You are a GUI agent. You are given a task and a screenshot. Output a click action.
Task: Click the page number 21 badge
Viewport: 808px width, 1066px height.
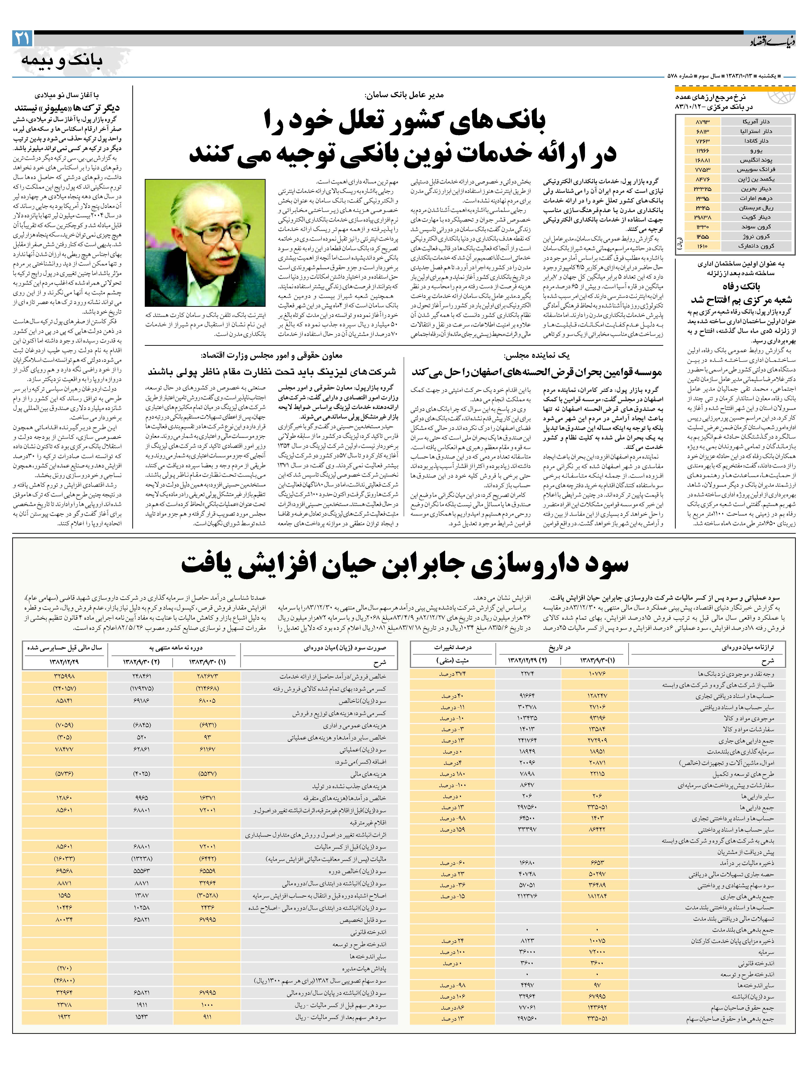click(x=22, y=38)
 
